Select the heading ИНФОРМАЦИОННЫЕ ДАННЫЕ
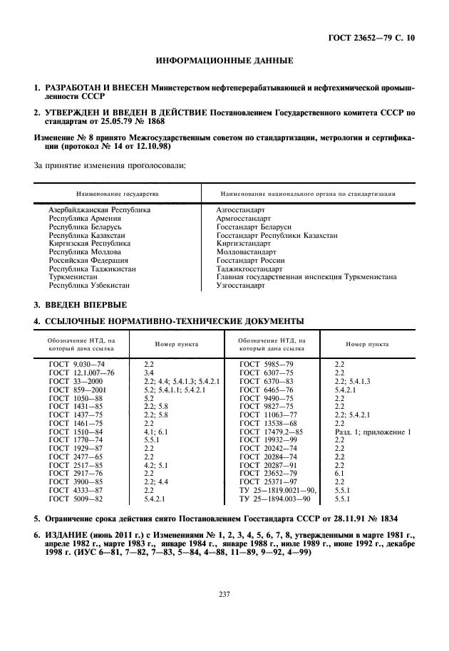coord(224,62)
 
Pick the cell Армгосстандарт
coord(243,219)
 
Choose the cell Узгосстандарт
coord(240,286)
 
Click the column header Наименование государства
coord(116,193)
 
